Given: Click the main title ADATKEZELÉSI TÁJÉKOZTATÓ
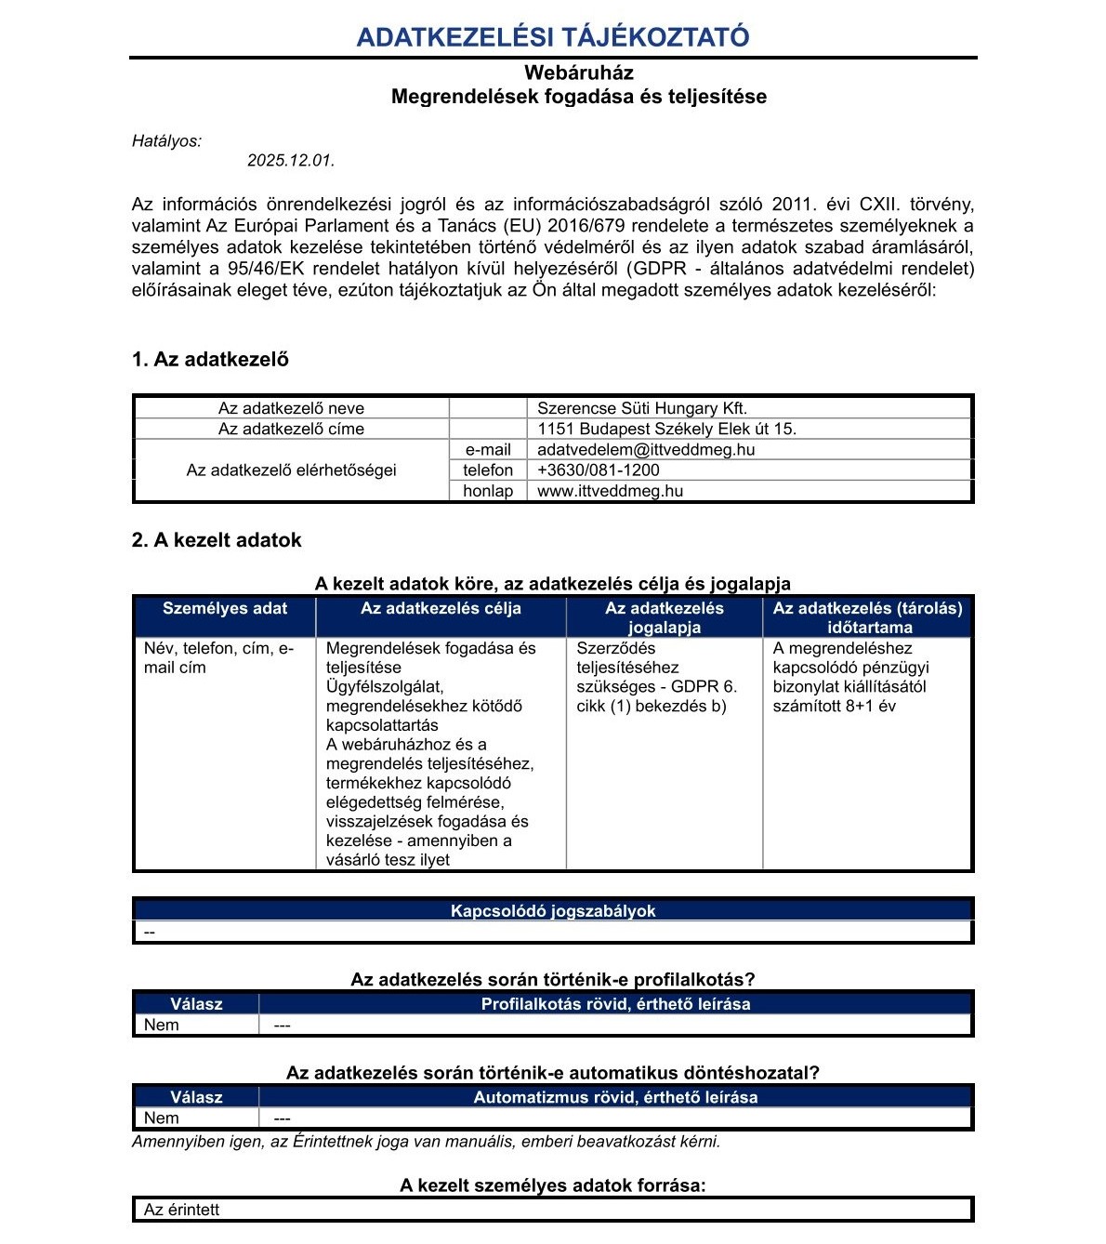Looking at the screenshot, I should [553, 37].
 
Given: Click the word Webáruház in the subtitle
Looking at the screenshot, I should [578, 73].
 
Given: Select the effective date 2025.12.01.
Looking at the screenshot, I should [290, 161].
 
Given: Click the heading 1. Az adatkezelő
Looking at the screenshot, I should [210, 360].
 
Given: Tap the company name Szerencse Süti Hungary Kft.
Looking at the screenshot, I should [642, 408].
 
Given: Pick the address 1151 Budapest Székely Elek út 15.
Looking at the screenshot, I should [666, 429].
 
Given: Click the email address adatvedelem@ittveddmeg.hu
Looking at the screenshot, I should [646, 449].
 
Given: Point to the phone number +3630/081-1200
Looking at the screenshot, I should [599, 470].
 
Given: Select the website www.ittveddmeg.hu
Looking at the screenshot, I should [610, 491].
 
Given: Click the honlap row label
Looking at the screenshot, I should [488, 491].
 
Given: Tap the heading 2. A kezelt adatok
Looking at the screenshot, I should [217, 540].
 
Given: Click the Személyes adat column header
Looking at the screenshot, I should [225, 609].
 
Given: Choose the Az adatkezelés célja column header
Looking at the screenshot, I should [441, 609].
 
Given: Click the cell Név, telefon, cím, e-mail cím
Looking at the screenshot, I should [218, 658].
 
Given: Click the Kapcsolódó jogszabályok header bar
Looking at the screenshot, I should [553, 911].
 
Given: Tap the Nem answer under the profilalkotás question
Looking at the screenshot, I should [162, 1026].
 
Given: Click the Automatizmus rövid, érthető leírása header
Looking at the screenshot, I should [615, 1097].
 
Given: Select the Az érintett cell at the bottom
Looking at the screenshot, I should [182, 1210].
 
